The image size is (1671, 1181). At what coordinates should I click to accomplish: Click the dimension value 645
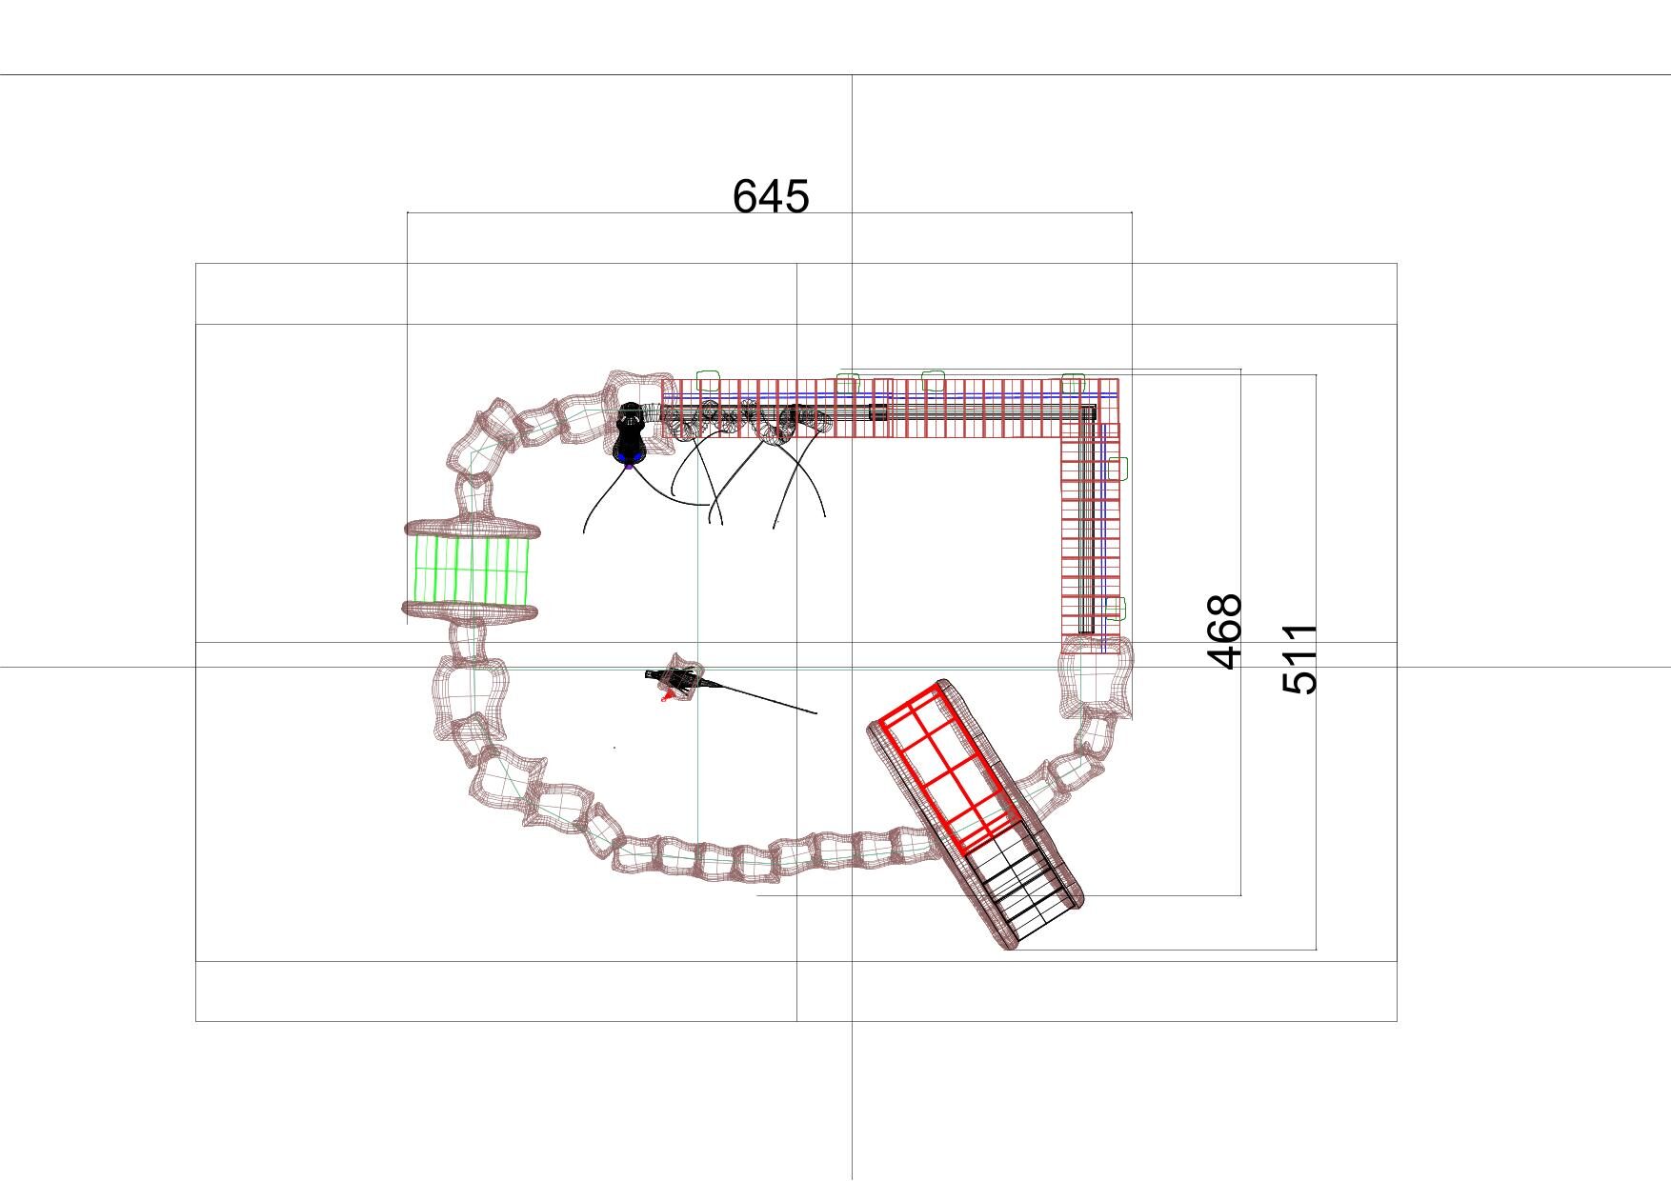(771, 196)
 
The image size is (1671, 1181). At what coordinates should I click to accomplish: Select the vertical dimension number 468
(1225, 631)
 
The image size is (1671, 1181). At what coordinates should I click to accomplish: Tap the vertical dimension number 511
(1300, 659)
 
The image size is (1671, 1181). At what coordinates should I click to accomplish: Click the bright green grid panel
(471, 570)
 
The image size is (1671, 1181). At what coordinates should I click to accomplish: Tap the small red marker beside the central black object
(669, 697)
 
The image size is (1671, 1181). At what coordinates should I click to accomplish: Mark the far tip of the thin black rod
(816, 712)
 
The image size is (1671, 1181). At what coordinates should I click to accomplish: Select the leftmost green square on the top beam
(707, 380)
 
